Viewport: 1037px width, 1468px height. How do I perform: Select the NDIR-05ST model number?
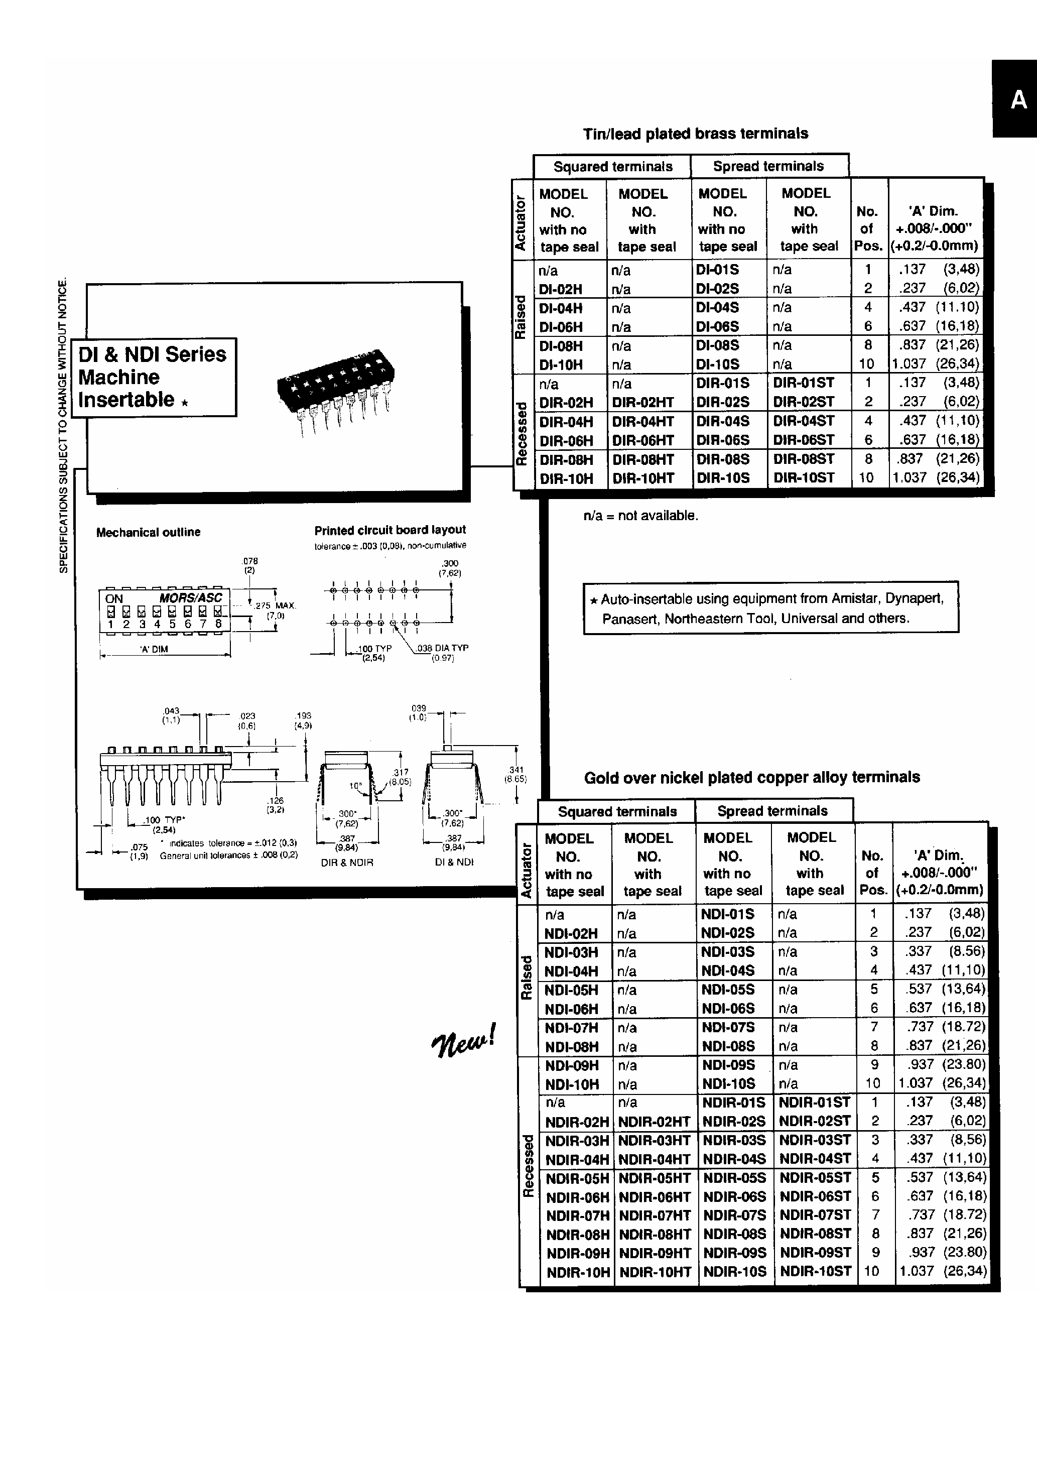click(815, 1177)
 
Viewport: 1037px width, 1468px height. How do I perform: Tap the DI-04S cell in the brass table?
click(717, 308)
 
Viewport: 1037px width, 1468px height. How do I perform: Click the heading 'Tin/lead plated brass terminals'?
click(695, 134)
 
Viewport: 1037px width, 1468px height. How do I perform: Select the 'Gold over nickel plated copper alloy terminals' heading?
click(752, 778)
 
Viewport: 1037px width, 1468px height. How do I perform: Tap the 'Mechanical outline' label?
click(148, 532)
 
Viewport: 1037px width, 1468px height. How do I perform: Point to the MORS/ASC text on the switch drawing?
click(191, 598)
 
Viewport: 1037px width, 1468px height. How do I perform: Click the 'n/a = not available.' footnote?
click(640, 515)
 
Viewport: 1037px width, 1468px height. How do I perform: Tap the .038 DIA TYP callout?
click(442, 648)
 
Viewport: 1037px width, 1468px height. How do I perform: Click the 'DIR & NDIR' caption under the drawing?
click(346, 863)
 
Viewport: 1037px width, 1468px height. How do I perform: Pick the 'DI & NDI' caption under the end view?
click(454, 862)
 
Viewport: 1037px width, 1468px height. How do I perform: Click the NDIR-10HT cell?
click(655, 1272)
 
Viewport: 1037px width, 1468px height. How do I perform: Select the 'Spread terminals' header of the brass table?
click(768, 166)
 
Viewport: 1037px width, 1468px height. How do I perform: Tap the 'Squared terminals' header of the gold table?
click(617, 811)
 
